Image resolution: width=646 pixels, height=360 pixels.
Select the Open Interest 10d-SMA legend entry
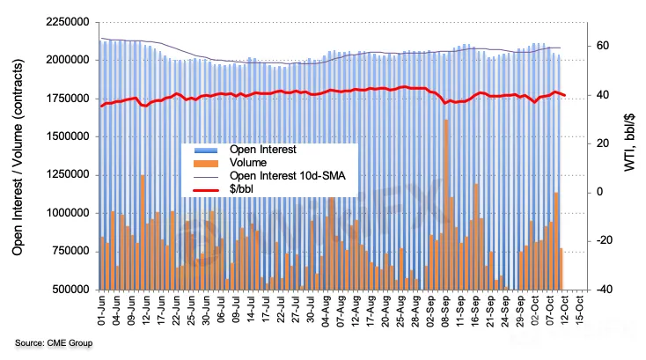(286, 176)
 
